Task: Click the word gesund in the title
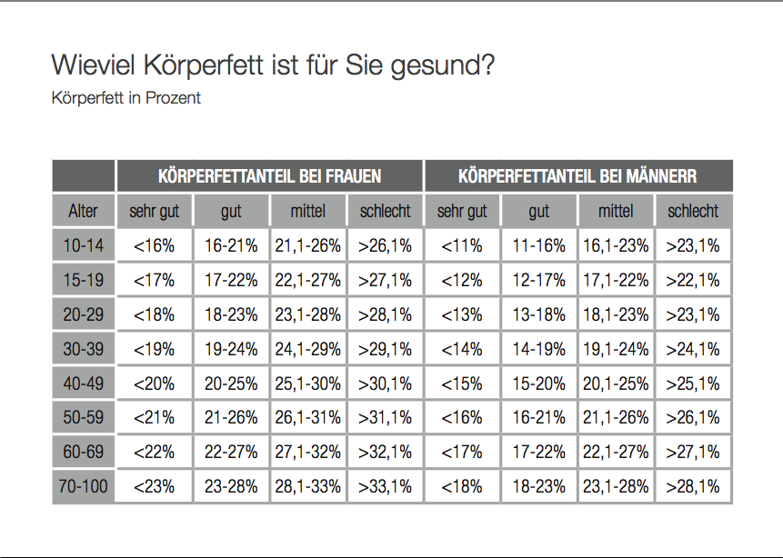coord(448,67)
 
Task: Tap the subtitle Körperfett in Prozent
coord(126,98)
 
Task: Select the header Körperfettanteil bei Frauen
coord(269,176)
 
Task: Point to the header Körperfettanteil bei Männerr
coord(577,176)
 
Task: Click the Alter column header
coord(84,212)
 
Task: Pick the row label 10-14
coord(84,245)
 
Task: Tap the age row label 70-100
coord(84,486)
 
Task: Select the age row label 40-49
coord(84,384)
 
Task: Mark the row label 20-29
coord(84,314)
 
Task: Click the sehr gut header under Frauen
coord(155,212)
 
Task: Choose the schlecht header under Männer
coord(693,212)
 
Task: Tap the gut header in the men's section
coord(539,212)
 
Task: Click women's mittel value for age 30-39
coord(308,349)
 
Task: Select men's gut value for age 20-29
coord(539,314)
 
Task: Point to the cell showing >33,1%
coord(385,486)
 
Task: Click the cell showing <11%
coord(462,245)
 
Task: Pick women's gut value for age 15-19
coord(231,280)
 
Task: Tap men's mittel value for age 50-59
coord(616,418)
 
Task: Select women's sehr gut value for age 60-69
coord(155,452)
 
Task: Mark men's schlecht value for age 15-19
coord(693,280)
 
